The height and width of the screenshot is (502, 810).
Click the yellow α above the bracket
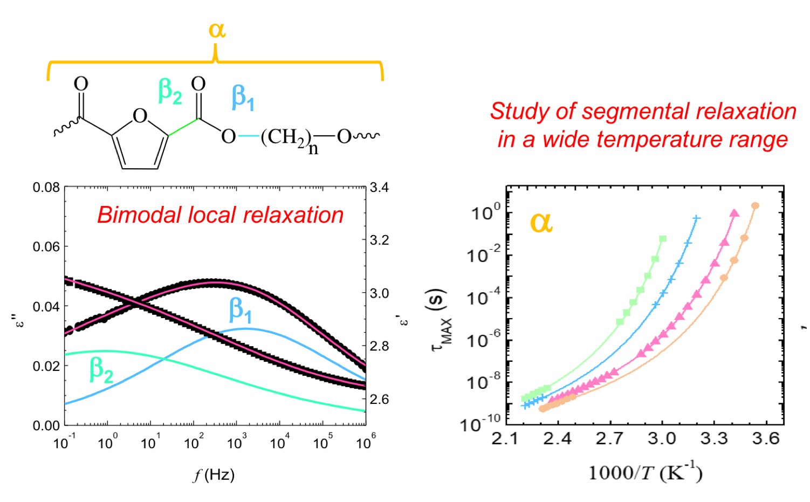pyautogui.click(x=217, y=30)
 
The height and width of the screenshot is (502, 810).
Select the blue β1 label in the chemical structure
pyautogui.click(x=243, y=98)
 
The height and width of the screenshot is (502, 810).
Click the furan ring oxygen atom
pyautogui.click(x=140, y=116)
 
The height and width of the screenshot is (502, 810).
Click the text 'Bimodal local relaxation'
pyautogui.click(x=220, y=215)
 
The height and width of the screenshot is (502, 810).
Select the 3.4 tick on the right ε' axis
pyautogui.click(x=379, y=188)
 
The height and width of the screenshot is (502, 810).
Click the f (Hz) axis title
pyautogui.click(x=214, y=475)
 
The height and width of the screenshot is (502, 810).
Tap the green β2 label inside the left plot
pyautogui.click(x=101, y=370)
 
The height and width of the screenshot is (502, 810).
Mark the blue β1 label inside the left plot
pyautogui.click(x=241, y=310)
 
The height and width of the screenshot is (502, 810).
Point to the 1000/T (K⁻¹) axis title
pyautogui.click(x=645, y=473)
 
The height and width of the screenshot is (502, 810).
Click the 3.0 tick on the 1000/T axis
pyautogui.click(x=662, y=438)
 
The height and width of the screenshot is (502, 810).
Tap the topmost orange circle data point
pyautogui.click(x=755, y=205)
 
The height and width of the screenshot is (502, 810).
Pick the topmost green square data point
pyautogui.click(x=662, y=239)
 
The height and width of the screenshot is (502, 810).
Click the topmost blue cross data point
pyautogui.click(x=696, y=218)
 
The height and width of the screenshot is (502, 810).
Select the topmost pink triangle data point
pyautogui.click(x=734, y=214)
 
